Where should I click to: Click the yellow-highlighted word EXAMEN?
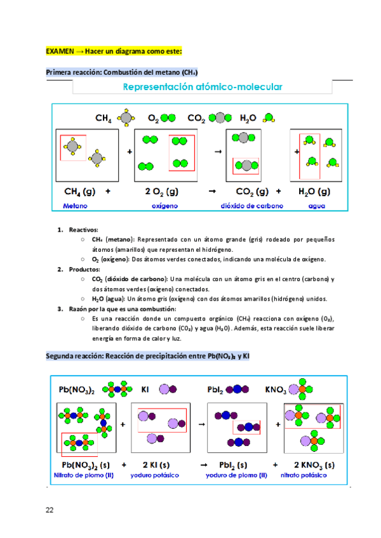[59, 50]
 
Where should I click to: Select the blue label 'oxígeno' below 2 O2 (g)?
[164, 206]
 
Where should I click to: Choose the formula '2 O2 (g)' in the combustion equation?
[162, 191]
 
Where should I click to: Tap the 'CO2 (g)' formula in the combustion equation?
[251, 191]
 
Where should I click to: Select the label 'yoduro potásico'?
[155, 475]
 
